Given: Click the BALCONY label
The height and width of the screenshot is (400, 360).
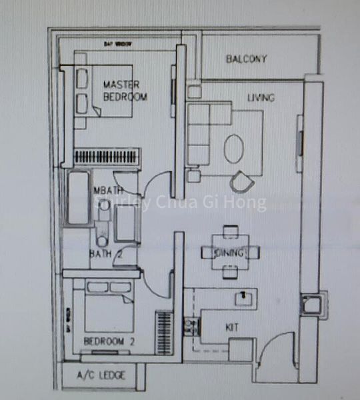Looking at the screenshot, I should [246, 59].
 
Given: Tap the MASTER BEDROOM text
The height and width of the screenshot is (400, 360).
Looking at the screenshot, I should [125, 91].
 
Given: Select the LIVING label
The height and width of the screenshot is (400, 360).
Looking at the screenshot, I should [261, 98].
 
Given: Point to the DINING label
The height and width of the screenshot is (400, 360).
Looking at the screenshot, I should [228, 253].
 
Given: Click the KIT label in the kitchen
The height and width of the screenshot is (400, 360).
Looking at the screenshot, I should [231, 327].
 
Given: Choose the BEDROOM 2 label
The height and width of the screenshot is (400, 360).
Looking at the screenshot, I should [109, 341].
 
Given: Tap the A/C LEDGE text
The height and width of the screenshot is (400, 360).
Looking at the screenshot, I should [101, 376].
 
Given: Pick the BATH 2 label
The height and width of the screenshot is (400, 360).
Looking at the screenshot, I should [104, 253].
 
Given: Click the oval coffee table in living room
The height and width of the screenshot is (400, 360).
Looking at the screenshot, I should [233, 149].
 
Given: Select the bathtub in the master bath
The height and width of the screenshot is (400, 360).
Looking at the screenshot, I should [79, 199].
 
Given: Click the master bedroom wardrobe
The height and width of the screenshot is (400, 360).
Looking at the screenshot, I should [108, 157].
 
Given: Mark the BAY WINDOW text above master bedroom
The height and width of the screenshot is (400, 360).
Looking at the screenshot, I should [117, 44].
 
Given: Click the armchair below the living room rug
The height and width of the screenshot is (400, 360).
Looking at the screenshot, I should [241, 181].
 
